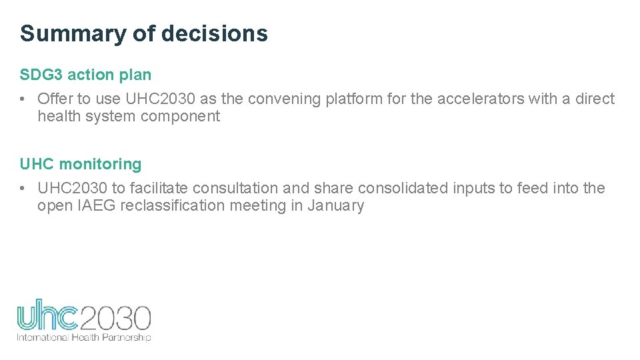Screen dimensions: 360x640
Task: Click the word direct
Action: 593,99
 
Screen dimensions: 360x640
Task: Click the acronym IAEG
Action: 91,205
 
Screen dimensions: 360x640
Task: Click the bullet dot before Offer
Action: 23,99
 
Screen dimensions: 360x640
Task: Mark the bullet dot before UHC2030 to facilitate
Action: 23,189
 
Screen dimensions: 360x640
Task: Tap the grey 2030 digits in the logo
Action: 115,317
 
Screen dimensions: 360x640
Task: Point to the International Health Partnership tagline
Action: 84,337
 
